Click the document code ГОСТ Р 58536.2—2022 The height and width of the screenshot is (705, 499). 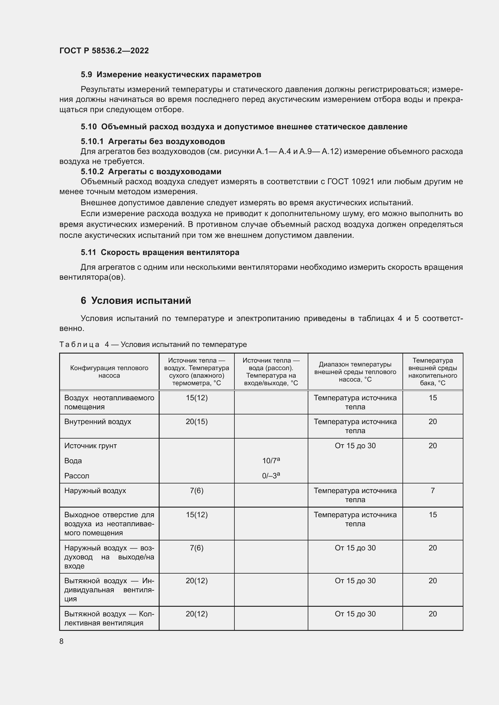(x=104, y=51)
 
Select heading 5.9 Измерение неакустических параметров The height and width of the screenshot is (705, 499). (x=171, y=75)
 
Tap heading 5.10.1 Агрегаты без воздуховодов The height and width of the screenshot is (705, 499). (x=153, y=141)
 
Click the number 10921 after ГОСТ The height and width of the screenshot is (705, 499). (x=363, y=181)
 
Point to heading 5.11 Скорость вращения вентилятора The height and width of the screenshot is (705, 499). (x=160, y=252)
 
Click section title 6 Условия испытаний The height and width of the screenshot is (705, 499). (x=136, y=300)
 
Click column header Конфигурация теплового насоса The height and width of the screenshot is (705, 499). (x=109, y=372)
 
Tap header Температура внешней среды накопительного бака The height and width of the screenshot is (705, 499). (x=432, y=372)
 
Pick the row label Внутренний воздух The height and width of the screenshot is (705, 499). (x=98, y=422)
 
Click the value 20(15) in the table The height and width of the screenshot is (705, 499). (x=197, y=422)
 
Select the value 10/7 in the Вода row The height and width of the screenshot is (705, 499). (x=270, y=461)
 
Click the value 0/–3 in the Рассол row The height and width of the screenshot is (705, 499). (x=270, y=476)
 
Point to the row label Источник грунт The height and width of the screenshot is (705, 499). (x=90, y=445)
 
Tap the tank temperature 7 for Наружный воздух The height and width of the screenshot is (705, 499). (x=432, y=490)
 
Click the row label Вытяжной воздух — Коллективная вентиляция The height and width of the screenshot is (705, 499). (x=109, y=618)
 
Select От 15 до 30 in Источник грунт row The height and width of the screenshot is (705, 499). (x=355, y=445)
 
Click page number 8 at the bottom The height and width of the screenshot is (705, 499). (x=62, y=641)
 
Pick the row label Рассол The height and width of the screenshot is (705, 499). (x=77, y=476)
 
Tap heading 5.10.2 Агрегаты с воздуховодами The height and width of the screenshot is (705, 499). (x=151, y=171)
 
